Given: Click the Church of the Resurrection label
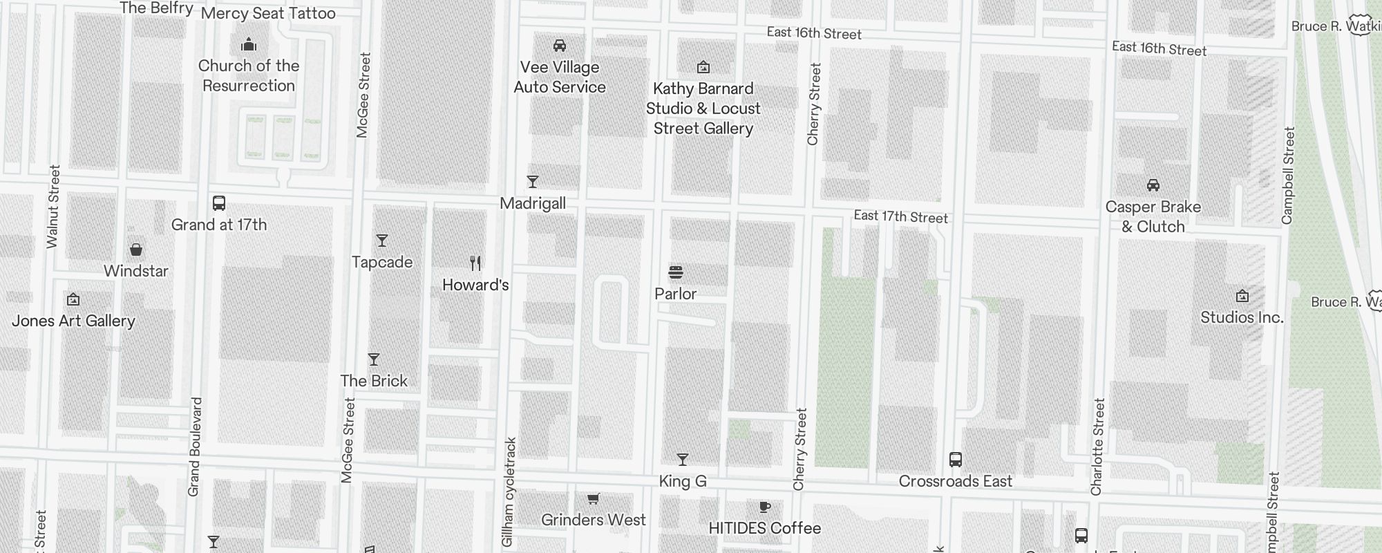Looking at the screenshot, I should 249,76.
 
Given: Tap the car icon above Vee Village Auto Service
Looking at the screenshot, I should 560,46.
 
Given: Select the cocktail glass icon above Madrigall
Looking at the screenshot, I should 533,182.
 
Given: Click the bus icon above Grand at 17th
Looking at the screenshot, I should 219,203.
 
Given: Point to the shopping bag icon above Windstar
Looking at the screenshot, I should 136,250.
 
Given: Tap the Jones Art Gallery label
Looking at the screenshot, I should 73,321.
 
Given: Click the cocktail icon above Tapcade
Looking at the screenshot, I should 382,241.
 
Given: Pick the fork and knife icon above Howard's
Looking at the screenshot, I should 475,263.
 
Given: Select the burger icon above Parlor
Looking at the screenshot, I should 676,272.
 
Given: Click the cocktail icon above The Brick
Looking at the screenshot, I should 374,359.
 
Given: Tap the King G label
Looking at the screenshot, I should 683,481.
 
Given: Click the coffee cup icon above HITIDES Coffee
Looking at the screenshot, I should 765,507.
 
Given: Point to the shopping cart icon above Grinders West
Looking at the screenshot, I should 593,498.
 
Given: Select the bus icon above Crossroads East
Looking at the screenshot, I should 956,460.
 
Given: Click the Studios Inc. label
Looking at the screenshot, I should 1242,318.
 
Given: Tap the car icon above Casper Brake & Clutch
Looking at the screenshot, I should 1153,185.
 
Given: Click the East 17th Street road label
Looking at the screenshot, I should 901,217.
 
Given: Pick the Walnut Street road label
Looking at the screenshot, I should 54,206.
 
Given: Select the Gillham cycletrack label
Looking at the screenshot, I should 509,491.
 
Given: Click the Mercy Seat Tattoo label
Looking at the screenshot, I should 268,13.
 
